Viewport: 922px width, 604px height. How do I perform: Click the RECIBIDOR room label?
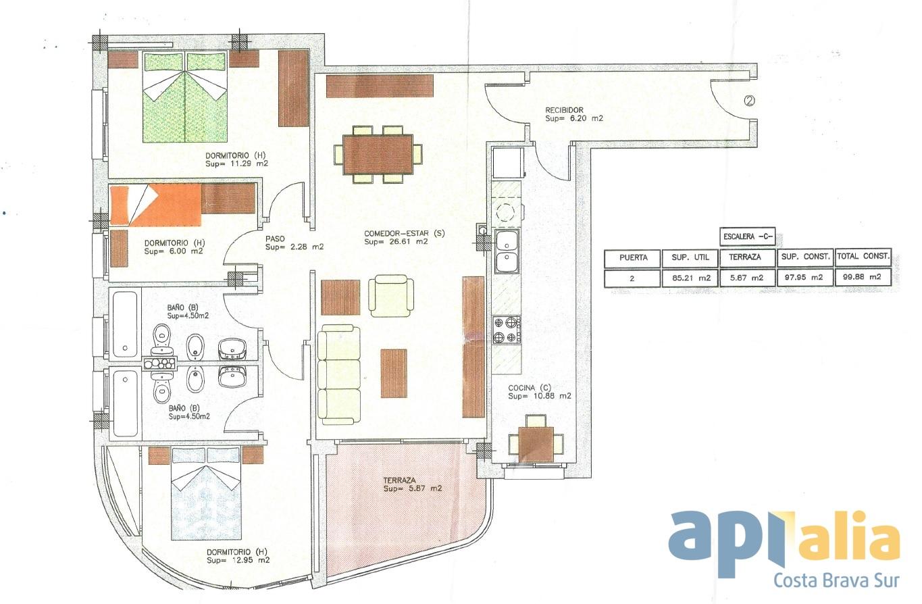564,110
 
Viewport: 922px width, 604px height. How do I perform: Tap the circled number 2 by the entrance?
750,101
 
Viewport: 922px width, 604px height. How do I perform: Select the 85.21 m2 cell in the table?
691,278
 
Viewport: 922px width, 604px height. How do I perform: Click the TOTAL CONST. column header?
863,256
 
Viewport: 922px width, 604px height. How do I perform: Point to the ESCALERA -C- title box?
748,236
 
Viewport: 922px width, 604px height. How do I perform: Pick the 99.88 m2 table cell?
863,277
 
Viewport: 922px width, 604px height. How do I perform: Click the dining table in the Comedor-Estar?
378,155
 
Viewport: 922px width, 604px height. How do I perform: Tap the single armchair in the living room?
391,296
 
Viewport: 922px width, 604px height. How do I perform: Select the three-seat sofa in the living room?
339,374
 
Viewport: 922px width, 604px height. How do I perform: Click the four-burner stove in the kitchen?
507,330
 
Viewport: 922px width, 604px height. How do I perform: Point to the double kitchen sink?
507,251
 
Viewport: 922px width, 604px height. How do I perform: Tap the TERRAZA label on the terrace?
399,480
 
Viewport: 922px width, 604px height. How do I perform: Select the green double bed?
185,97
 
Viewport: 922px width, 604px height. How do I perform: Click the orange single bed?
155,205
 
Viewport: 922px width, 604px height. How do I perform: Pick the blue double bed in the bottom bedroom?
206,494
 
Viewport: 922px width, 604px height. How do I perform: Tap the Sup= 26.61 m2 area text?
396,242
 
